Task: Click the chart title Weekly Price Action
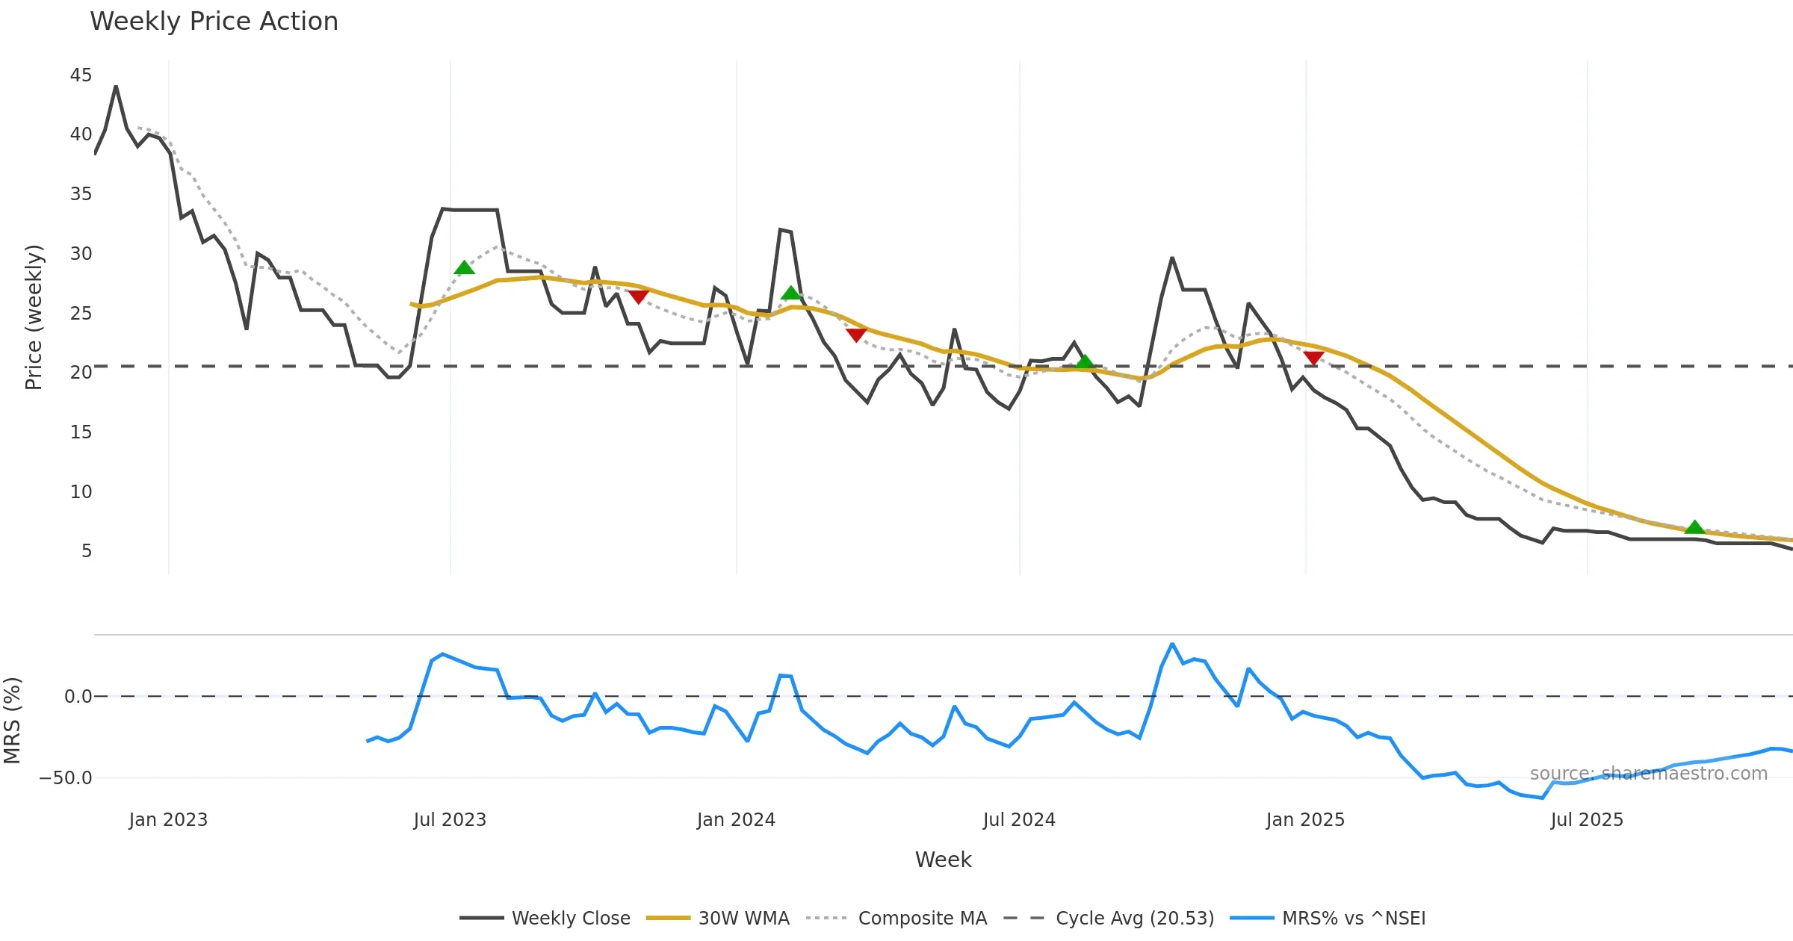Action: point(214,22)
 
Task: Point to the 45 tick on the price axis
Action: point(81,75)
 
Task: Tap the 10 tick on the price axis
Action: point(81,492)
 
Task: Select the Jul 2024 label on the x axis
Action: point(1019,820)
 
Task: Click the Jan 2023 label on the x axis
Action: point(168,820)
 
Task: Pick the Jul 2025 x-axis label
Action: point(1587,820)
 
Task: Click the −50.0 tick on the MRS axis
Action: point(66,778)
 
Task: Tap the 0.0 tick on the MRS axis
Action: point(78,697)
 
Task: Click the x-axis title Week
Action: point(943,860)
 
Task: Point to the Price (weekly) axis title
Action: point(34,317)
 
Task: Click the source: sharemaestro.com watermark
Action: point(1648,774)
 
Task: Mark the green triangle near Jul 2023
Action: point(464,268)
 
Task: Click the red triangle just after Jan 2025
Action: point(1313,358)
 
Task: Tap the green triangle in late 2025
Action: point(1694,527)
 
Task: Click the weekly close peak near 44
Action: point(116,87)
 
